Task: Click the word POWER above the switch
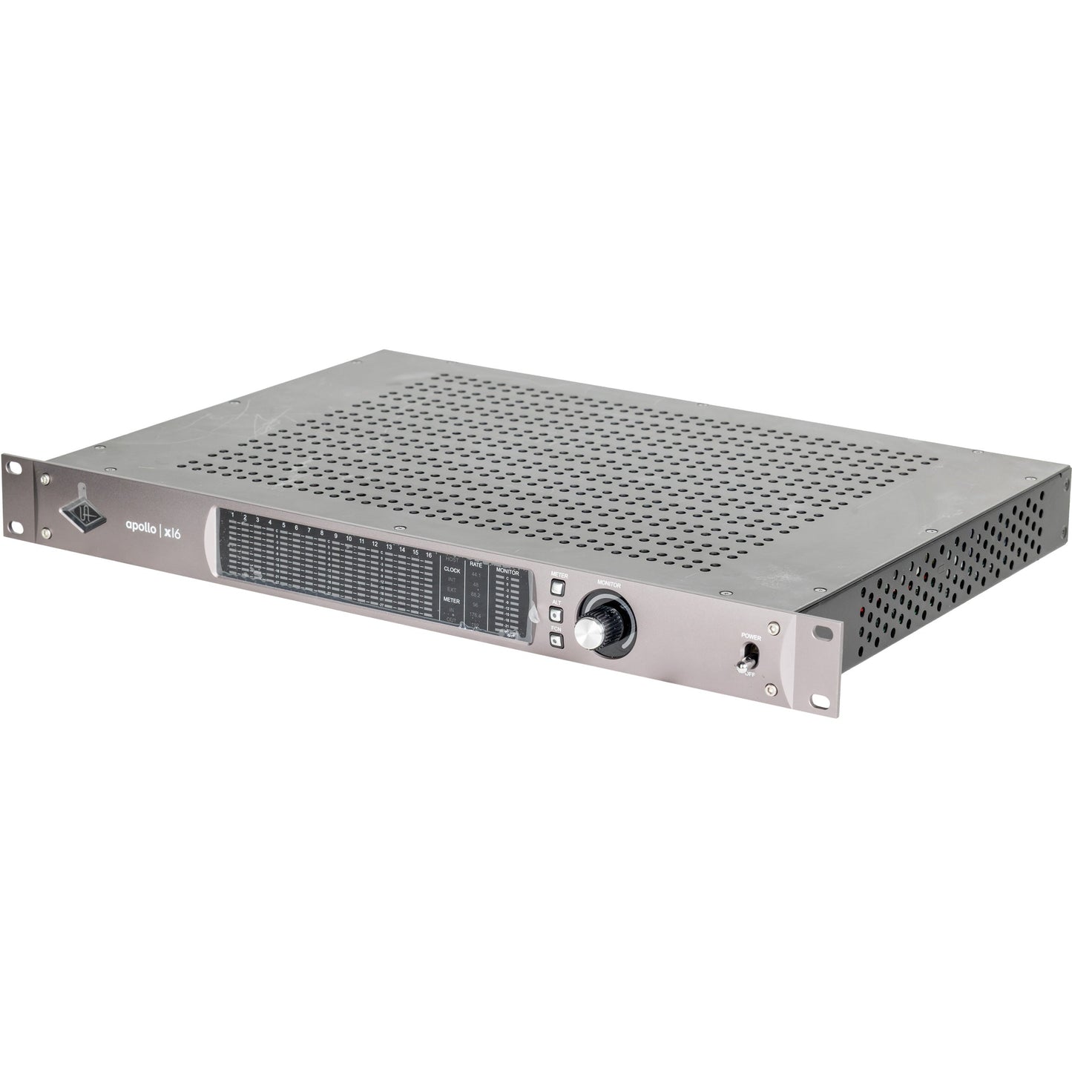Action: click(x=752, y=637)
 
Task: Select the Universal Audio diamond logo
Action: click(x=76, y=508)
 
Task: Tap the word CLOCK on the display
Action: click(x=451, y=570)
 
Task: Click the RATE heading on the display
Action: click(x=476, y=565)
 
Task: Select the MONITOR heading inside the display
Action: click(x=507, y=573)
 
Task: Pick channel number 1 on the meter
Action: click(x=232, y=514)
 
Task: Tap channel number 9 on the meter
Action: click(x=335, y=536)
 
